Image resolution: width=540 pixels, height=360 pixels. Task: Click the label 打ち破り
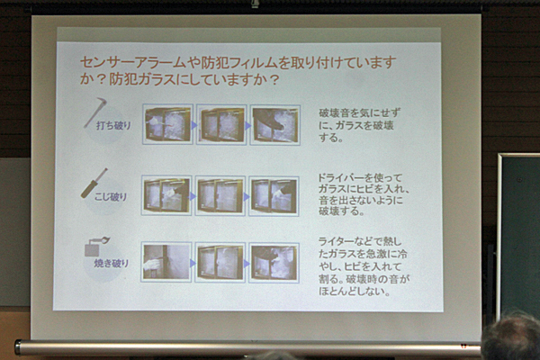coord(113,125)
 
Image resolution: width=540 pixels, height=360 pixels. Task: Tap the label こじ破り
coord(111,197)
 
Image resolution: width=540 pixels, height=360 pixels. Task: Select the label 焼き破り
coord(112,263)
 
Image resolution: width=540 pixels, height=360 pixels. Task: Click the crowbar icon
coord(94,112)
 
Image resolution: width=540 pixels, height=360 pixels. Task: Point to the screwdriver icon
coord(94,184)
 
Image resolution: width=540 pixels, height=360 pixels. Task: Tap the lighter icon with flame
coord(96,246)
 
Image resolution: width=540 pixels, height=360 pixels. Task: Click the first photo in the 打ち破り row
coord(167,124)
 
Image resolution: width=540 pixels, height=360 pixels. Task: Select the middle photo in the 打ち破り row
coord(221,125)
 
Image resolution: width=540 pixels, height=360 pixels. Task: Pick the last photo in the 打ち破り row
coord(275,125)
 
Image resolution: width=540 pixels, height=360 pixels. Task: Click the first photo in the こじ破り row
coord(166,195)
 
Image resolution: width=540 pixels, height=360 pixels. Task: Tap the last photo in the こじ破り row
coord(274,196)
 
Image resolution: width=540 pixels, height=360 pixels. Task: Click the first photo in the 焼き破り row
coord(166,262)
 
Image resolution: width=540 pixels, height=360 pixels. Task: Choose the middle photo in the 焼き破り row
coord(220,263)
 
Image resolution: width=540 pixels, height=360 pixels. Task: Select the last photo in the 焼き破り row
coord(274,263)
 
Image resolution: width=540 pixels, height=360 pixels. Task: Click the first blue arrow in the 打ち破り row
coord(194,125)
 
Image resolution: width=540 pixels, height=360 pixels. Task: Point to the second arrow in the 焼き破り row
coord(247,264)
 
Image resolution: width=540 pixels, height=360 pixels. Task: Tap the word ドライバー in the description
coord(340,178)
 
